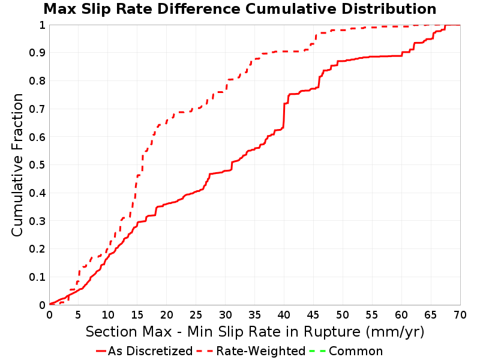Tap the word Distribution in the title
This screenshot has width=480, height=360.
click(x=389, y=9)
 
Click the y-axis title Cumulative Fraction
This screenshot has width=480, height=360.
click(x=17, y=164)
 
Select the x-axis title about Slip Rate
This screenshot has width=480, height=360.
click(x=255, y=332)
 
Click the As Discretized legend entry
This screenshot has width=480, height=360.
click(x=144, y=351)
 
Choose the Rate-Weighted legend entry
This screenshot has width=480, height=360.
click(x=251, y=351)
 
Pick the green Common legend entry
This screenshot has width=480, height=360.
click(x=346, y=351)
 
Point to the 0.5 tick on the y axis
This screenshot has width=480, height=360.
click(x=37, y=165)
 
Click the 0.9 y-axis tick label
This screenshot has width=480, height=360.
click(x=37, y=53)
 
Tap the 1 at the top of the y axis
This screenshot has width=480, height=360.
click(x=42, y=25)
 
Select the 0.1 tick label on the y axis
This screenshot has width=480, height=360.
click(x=37, y=277)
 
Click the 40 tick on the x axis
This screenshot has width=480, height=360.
click(x=284, y=314)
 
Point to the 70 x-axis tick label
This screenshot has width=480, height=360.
click(x=460, y=314)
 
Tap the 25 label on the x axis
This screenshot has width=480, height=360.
click(x=196, y=314)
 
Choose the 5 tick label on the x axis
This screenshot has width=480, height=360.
click(x=79, y=314)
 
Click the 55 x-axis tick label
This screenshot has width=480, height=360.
click(x=372, y=314)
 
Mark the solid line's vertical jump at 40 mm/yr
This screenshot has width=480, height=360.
click(x=284, y=116)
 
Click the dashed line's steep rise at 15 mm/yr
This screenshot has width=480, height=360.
click(x=136, y=187)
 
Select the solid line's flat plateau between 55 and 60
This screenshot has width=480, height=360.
click(x=386, y=56)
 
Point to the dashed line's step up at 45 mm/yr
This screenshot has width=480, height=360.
click(x=316, y=39)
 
